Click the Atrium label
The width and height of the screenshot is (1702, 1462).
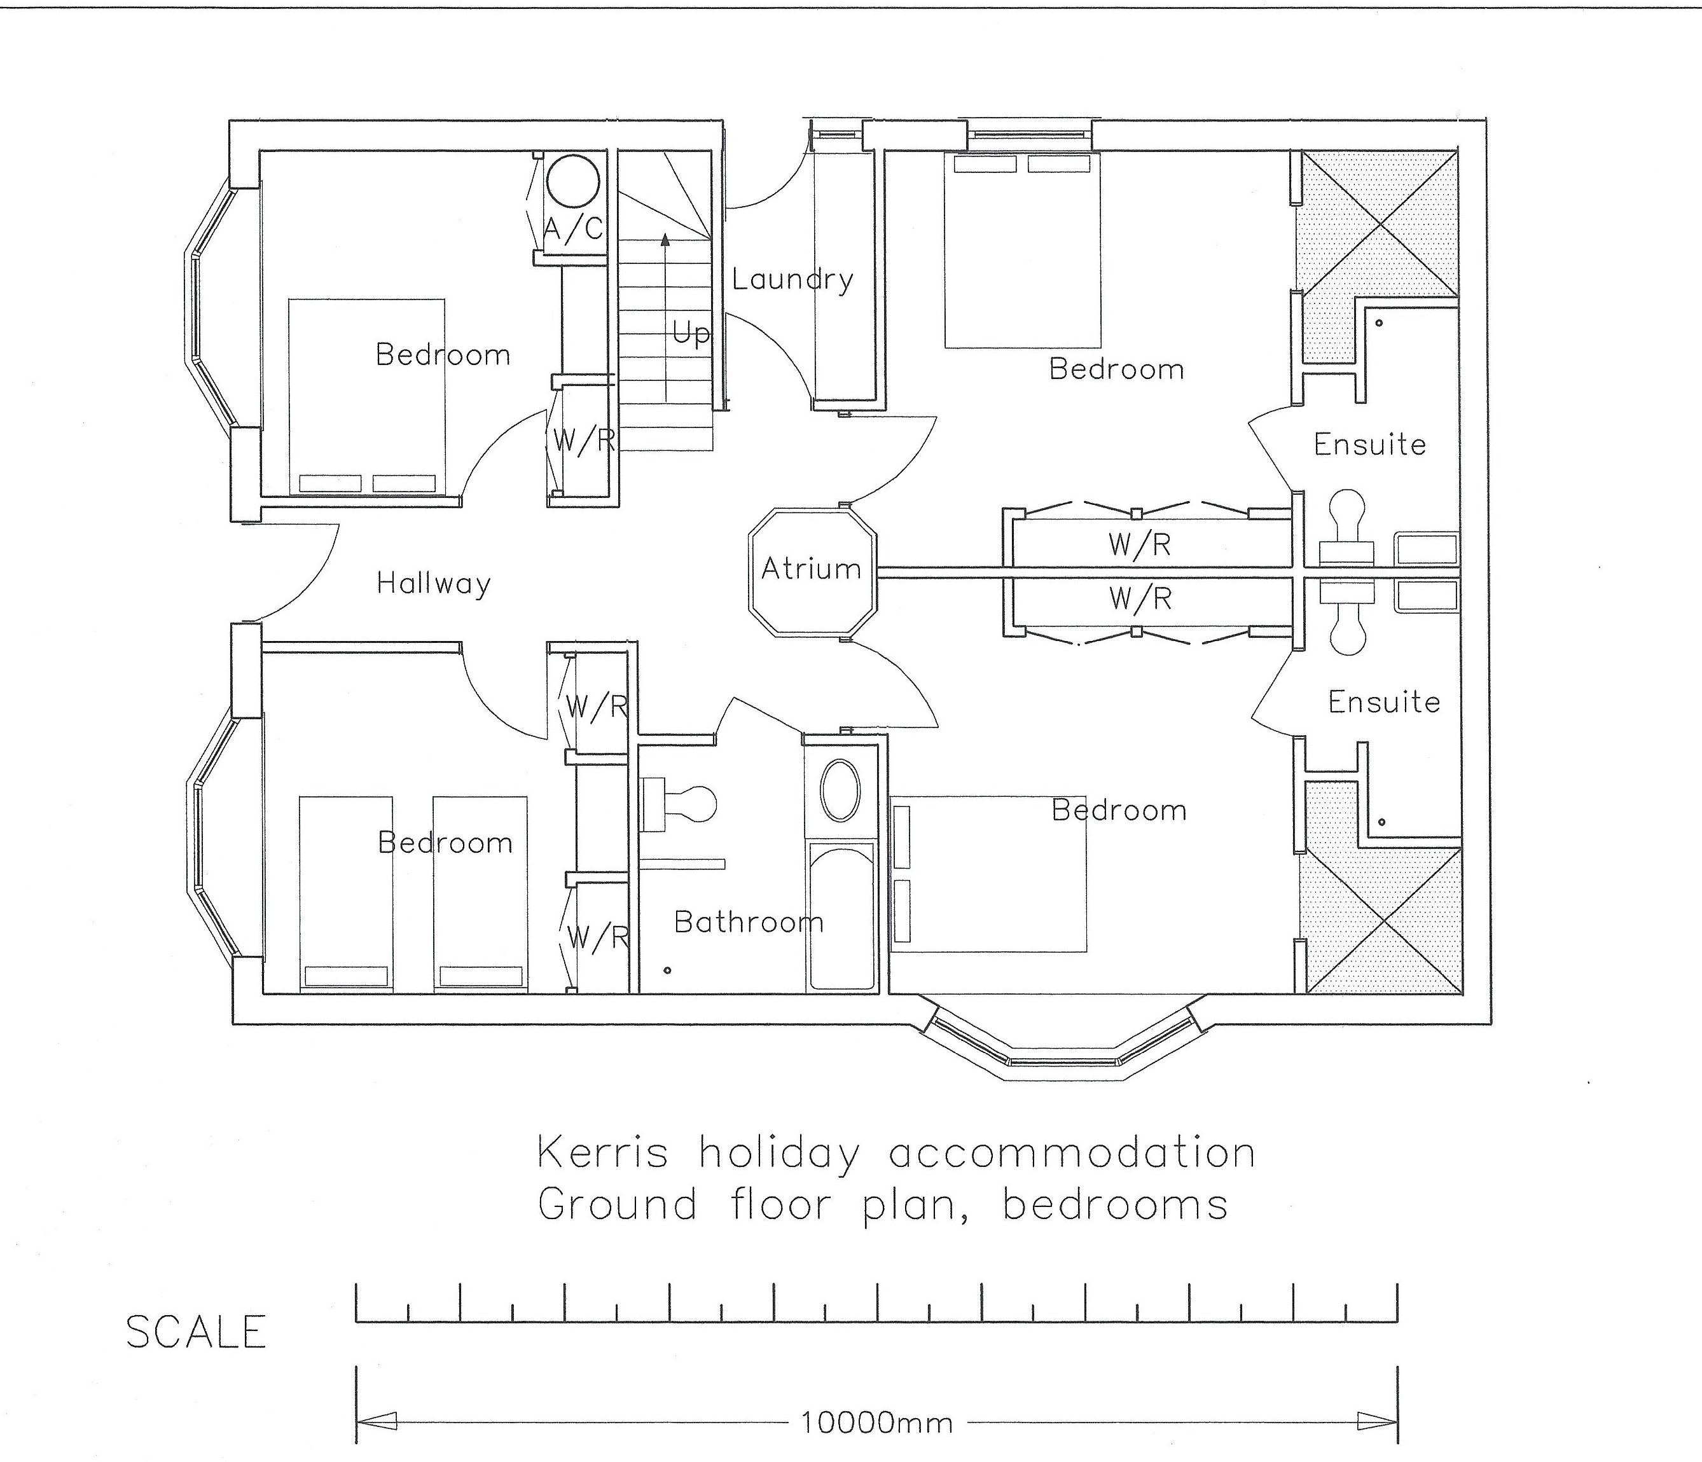click(x=811, y=569)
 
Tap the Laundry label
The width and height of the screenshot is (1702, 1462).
click(x=792, y=280)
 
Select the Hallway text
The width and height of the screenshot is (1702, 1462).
click(x=434, y=584)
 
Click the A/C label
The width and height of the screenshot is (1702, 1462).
click(x=573, y=228)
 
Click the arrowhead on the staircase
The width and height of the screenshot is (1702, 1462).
click(x=665, y=239)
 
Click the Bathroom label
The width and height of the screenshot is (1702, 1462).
click(x=749, y=922)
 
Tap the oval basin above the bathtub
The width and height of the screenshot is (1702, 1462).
click(x=840, y=790)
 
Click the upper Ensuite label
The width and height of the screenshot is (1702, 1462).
click(x=1369, y=445)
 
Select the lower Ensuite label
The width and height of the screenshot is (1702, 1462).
click(x=1384, y=701)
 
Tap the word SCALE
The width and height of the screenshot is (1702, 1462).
click(x=197, y=1332)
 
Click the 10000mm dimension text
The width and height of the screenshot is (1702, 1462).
click(x=876, y=1422)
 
